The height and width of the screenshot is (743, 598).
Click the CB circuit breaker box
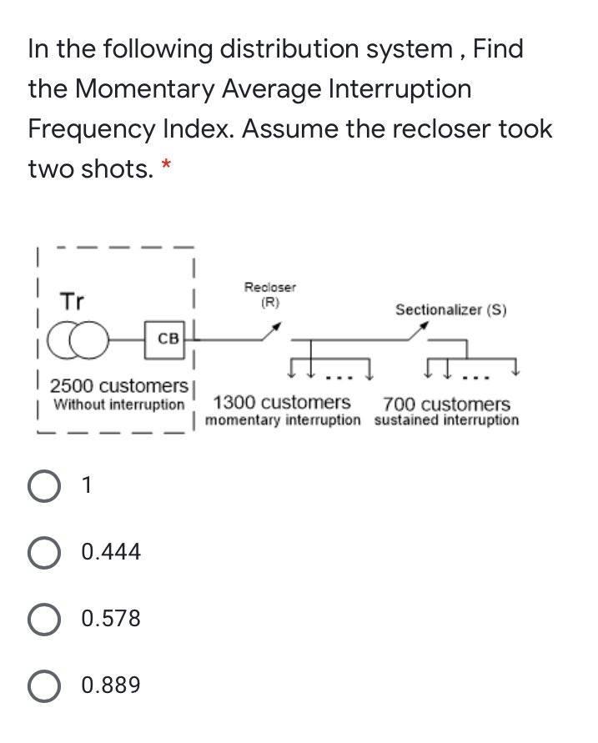[168, 339]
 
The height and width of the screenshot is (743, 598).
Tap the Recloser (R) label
[269, 294]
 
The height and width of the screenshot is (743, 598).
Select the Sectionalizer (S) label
[450, 309]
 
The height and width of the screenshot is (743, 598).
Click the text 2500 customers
[118, 387]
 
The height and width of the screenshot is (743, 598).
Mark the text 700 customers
[446, 404]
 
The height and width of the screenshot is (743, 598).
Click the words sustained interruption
[446, 419]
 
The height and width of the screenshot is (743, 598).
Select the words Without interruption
[118, 404]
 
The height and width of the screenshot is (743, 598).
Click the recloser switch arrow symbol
[269, 334]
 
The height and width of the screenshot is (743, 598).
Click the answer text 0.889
[111, 685]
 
